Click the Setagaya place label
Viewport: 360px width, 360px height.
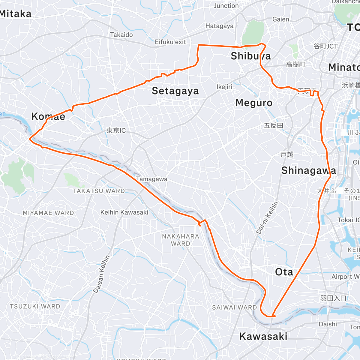pyautogui.click(x=175, y=91)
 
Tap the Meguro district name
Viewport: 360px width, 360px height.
pyautogui.click(x=254, y=103)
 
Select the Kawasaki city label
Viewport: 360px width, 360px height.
pyautogui.click(x=263, y=336)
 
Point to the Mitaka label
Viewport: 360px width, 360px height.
pyautogui.click(x=16, y=14)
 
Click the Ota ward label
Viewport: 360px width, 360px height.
pyautogui.click(x=284, y=272)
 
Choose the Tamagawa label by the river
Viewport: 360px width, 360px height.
pyautogui.click(x=151, y=179)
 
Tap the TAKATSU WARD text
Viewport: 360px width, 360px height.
pyautogui.click(x=99, y=191)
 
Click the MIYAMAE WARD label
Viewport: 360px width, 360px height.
pyautogui.click(x=48, y=213)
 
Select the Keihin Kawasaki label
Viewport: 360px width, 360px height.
pyautogui.click(x=124, y=212)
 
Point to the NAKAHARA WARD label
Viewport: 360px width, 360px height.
pyautogui.click(x=181, y=240)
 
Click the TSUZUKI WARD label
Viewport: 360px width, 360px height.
pyautogui.click(x=35, y=306)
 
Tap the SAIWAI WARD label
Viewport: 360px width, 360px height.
pyautogui.click(x=234, y=307)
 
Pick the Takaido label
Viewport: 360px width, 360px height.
pyautogui.click(x=121, y=35)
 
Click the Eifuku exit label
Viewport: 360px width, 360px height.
pyautogui.click(x=170, y=42)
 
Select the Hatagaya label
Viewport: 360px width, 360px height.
pyautogui.click(x=219, y=26)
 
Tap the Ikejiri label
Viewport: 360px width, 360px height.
pyautogui.click(x=224, y=87)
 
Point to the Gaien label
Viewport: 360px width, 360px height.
pyautogui.click(x=280, y=19)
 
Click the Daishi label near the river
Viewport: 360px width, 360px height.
pyautogui.click(x=328, y=324)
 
